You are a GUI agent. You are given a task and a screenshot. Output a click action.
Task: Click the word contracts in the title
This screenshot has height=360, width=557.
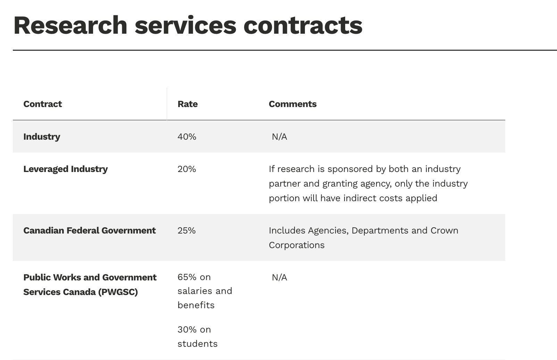(x=302, y=26)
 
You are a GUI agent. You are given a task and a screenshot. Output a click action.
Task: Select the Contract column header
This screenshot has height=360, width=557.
(x=42, y=104)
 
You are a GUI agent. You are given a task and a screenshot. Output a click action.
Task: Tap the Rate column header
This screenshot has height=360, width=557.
(x=188, y=104)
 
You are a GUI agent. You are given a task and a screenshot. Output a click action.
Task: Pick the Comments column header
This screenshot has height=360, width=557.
(x=292, y=104)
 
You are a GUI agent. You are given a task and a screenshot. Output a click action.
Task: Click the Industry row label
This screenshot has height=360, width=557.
(x=42, y=137)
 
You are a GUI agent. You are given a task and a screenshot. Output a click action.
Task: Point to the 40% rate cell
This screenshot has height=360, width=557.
(x=187, y=137)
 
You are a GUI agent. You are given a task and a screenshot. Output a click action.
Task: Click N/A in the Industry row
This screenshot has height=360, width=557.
(x=279, y=137)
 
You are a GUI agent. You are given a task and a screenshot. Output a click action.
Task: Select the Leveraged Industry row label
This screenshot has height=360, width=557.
(x=65, y=169)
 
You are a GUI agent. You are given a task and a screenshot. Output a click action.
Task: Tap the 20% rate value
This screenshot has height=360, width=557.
(x=186, y=169)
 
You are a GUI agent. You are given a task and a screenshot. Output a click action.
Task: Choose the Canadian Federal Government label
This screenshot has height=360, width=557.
(x=89, y=231)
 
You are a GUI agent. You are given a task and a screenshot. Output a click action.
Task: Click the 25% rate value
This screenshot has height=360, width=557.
(x=186, y=231)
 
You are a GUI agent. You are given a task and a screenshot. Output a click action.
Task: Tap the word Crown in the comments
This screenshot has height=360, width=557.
(x=444, y=231)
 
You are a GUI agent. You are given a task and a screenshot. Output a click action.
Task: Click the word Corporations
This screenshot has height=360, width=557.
(x=297, y=245)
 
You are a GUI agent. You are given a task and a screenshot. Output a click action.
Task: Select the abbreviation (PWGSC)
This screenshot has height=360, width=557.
(x=118, y=292)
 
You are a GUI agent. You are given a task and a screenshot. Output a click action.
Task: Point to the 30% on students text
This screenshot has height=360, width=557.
(x=197, y=337)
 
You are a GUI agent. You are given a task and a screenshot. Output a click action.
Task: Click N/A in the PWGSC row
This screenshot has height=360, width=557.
(x=279, y=278)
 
